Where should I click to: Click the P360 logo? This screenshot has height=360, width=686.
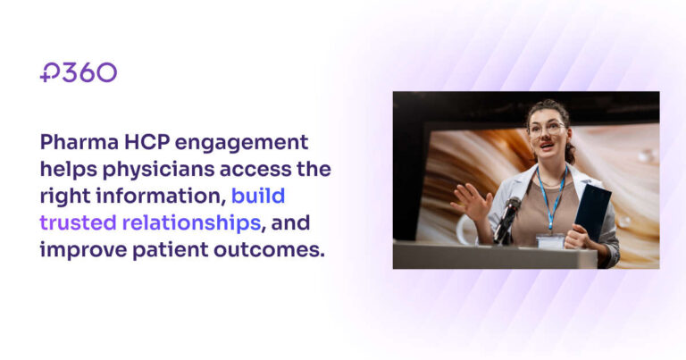(79, 72)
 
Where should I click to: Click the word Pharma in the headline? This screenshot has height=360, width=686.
(79, 142)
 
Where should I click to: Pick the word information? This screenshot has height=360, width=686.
(161, 196)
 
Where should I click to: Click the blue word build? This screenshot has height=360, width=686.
(258, 196)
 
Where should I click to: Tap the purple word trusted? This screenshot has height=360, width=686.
(78, 222)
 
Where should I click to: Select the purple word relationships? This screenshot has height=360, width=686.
(192, 223)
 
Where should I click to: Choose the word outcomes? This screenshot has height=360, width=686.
(270, 250)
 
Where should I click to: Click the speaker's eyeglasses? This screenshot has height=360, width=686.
(547, 129)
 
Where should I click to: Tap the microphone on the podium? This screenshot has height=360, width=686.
(506, 219)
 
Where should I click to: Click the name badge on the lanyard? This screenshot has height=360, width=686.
(550, 241)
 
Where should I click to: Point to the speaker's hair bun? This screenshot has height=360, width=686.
(570, 154)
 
